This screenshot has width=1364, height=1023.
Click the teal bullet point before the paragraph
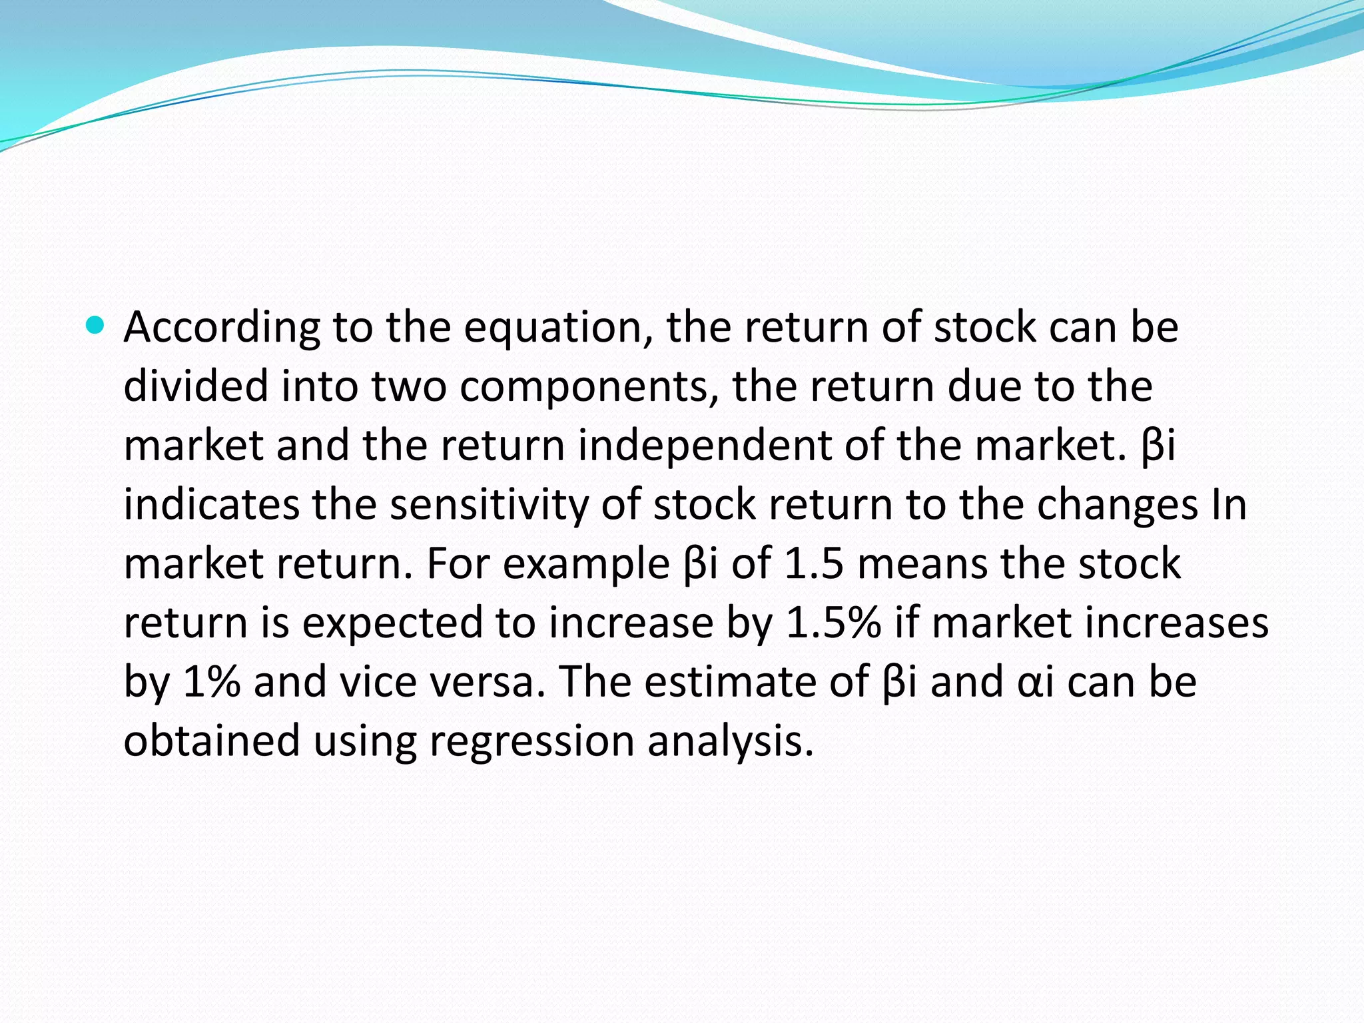[96, 326]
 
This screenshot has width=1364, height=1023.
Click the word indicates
[211, 504]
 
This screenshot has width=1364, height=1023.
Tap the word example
[586, 565]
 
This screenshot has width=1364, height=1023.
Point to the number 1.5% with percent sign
[833, 623]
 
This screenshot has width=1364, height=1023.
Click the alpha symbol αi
[1036, 683]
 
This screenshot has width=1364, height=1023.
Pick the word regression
[532, 742]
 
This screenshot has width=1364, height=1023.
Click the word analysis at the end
[730, 742]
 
